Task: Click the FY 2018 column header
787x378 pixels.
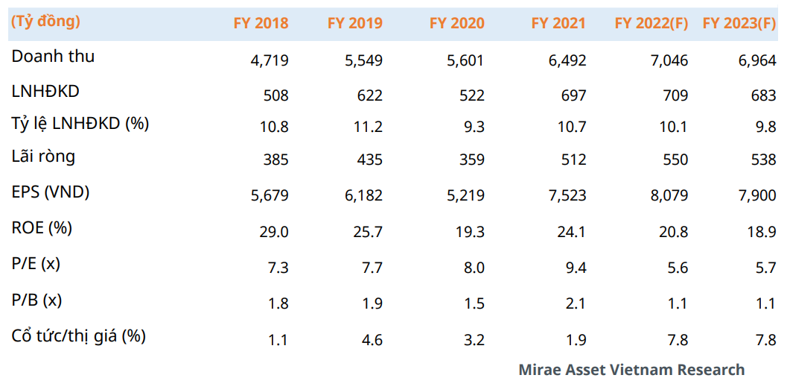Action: point(261,23)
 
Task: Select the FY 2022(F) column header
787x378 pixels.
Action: point(651,23)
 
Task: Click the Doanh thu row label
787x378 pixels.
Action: point(53,57)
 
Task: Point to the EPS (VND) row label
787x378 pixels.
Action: point(51,192)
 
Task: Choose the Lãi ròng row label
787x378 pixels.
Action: point(43,157)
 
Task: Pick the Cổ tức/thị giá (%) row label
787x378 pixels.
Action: point(78,336)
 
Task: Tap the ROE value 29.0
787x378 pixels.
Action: point(273,232)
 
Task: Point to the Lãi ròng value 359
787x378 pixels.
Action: point(471,160)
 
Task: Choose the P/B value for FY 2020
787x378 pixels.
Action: point(474,302)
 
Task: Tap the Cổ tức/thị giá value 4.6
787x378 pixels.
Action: point(372,341)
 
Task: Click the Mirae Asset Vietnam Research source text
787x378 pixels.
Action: point(631,369)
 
